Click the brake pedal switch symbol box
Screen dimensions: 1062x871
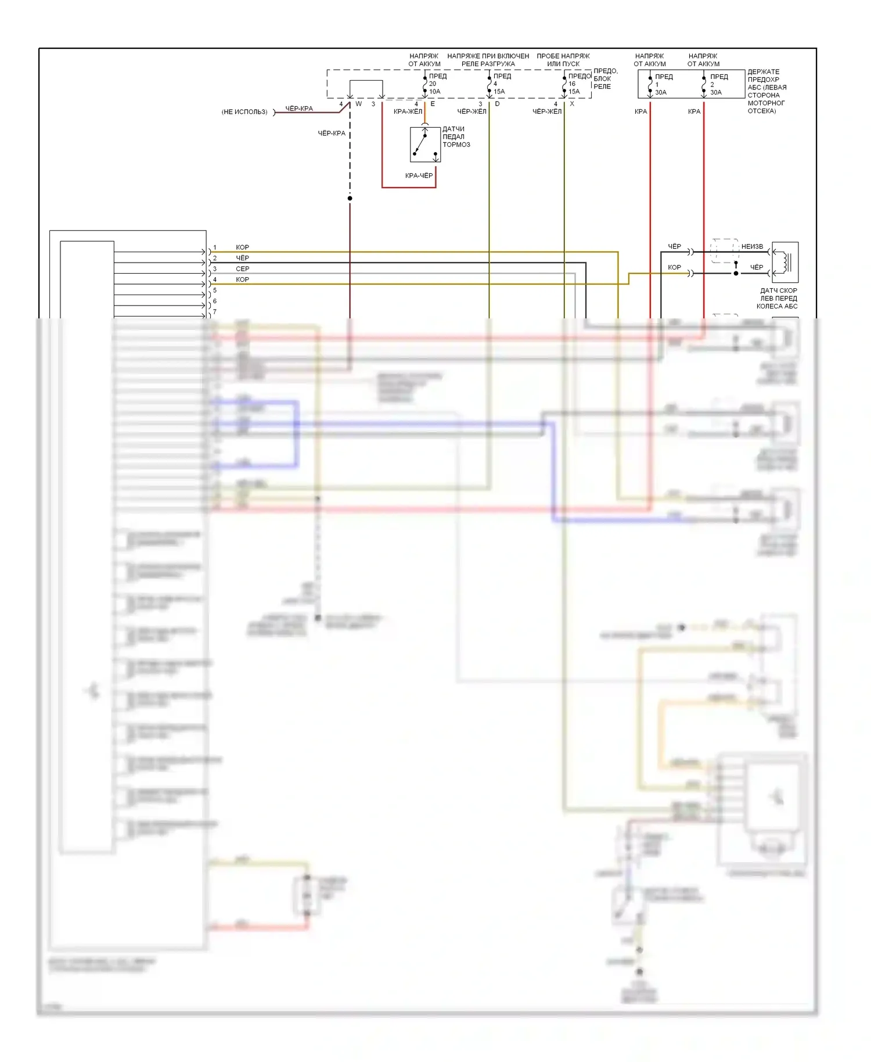pyautogui.click(x=425, y=145)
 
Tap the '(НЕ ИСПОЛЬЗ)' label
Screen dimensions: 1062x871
pyautogui.click(x=244, y=112)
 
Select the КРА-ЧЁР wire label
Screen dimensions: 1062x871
pyautogui.click(x=419, y=175)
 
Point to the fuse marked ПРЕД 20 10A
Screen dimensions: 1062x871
pyautogui.click(x=426, y=84)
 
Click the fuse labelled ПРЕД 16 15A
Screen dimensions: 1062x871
pyautogui.click(x=565, y=84)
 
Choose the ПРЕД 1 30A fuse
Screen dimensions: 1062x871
pyautogui.click(x=651, y=85)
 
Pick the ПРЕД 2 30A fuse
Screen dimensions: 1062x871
pyautogui.click(x=704, y=85)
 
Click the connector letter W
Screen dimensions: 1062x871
pyautogui.click(x=359, y=104)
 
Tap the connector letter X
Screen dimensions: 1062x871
pyautogui.click(x=572, y=104)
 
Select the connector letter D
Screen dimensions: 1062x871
pyautogui.click(x=497, y=104)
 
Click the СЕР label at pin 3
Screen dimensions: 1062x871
pyautogui.click(x=242, y=269)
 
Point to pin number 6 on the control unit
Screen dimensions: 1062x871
pyautogui.click(x=215, y=301)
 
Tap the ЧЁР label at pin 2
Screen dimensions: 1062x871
pyautogui.click(x=242, y=258)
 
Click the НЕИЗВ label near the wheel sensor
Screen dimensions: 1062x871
pyautogui.click(x=752, y=246)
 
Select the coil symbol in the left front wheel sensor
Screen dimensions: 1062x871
pyautogui.click(x=786, y=262)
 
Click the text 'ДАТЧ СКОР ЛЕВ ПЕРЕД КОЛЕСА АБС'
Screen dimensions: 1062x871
pyautogui.click(x=778, y=299)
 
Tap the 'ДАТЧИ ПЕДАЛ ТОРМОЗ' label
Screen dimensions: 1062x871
pyautogui.click(x=456, y=137)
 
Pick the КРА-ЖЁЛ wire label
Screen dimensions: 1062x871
pyautogui.click(x=408, y=112)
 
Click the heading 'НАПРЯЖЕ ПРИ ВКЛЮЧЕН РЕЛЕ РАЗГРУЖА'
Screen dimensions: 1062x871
pyautogui.click(x=488, y=60)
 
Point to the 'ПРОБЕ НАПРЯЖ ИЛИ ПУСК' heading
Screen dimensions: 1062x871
pyautogui.click(x=563, y=60)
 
